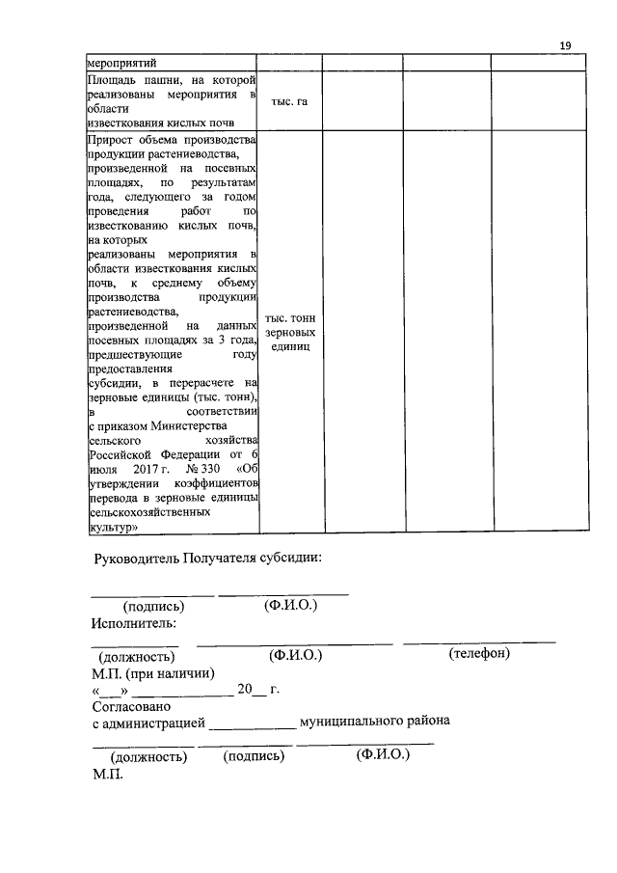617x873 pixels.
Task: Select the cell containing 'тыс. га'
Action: pyautogui.click(x=289, y=100)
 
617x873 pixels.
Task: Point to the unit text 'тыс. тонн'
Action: pyautogui.click(x=290, y=318)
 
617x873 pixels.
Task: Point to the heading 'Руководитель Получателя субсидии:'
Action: pyautogui.click(x=207, y=559)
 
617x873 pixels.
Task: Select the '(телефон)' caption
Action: pyautogui.click(x=479, y=654)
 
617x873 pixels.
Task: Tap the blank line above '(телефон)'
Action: pyautogui.click(x=479, y=641)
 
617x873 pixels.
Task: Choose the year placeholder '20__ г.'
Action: pyautogui.click(x=257, y=690)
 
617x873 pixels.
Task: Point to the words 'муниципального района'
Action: pyautogui.click(x=374, y=722)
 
